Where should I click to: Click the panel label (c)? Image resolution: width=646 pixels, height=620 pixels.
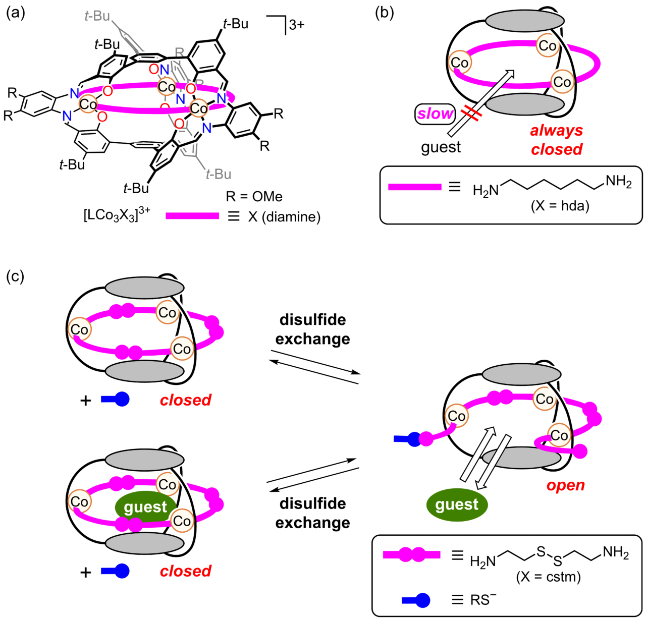pos(15,276)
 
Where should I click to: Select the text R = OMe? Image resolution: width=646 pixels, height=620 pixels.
pos(254,196)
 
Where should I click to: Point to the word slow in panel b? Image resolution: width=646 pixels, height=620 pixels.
pos(436,114)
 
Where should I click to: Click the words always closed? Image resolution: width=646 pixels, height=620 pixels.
pos(557,140)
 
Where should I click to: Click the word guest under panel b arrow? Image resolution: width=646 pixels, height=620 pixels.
pos(441,147)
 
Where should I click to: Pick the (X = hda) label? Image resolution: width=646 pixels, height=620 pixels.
pos(560,206)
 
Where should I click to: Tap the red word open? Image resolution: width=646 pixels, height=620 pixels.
pos(565,485)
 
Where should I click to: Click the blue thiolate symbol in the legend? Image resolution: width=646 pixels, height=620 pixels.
pos(416,600)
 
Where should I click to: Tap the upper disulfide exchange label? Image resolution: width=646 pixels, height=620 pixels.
pos(312,329)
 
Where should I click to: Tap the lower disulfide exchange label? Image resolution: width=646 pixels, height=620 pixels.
pos(312,513)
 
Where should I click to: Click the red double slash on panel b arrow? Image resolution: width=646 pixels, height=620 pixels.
pos(470,114)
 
